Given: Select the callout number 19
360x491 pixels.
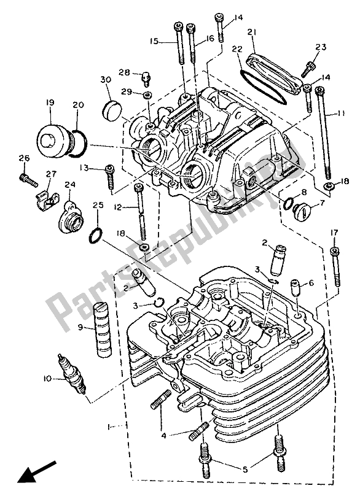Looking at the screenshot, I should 49,104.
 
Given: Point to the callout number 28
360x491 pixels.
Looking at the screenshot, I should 123,72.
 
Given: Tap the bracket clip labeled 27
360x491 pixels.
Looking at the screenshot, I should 43,196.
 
